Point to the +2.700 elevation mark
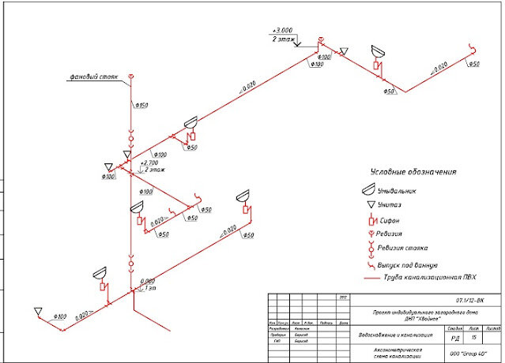click(x=149, y=162)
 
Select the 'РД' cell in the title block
click(x=454, y=337)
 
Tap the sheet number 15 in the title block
click(x=472, y=337)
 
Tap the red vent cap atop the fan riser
click(x=132, y=76)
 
